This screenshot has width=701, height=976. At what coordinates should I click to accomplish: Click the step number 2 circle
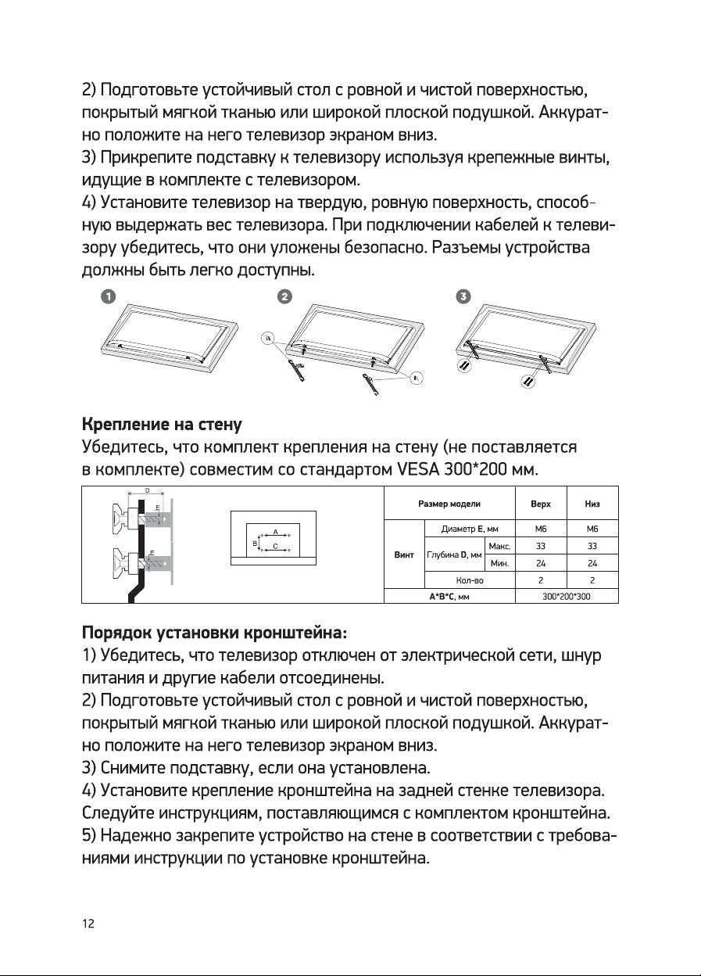[285, 296]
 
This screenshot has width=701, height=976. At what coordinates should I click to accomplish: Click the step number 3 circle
[463, 296]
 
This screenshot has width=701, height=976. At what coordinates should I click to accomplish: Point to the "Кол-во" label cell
[469, 579]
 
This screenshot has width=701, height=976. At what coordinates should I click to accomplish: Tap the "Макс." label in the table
[499, 545]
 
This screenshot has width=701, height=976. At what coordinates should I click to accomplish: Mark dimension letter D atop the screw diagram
[147, 490]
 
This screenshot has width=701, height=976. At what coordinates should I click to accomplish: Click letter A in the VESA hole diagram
[274, 532]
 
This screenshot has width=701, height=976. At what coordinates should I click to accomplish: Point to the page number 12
[89, 924]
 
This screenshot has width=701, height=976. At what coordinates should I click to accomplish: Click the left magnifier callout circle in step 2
[268, 339]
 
